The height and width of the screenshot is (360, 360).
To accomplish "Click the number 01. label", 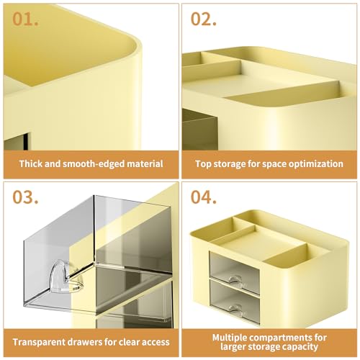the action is (25, 19).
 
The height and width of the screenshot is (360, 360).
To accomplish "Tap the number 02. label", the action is (204, 19).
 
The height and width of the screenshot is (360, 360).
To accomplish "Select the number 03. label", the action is (25, 197).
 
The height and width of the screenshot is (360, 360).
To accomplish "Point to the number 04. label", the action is (204, 197).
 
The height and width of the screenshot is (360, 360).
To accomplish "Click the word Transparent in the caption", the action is (40, 342).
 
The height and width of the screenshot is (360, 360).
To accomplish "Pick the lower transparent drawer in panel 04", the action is (235, 302).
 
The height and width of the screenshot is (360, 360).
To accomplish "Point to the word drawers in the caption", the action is (85, 342).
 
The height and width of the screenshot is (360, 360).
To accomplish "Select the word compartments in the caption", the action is (282, 338).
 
